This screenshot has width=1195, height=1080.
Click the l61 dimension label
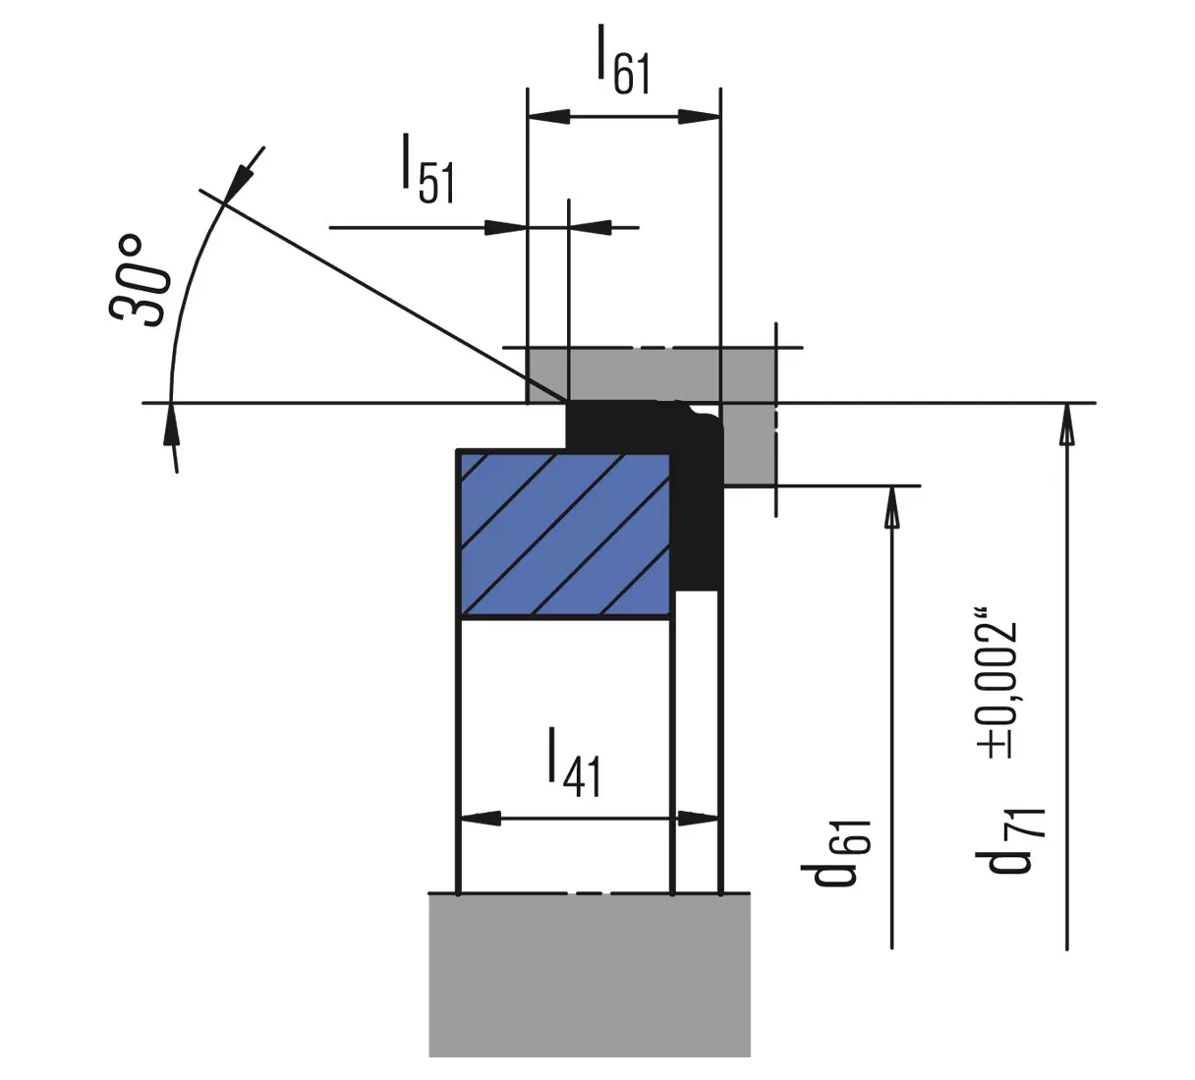click(x=624, y=60)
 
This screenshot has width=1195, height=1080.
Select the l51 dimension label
click(x=428, y=169)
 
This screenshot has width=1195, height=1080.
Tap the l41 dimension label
click(x=574, y=763)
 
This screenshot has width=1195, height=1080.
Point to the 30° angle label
click(x=137, y=280)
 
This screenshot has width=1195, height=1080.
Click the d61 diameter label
click(x=835, y=854)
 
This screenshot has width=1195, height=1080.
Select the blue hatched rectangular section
click(x=565, y=534)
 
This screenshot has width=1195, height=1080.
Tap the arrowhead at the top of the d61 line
click(x=891, y=506)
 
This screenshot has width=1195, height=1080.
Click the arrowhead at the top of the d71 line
click(x=1067, y=425)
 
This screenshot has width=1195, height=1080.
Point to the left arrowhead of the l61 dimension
click(x=549, y=117)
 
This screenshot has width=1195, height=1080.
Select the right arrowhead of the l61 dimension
click(x=700, y=117)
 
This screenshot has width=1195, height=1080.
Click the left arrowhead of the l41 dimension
click(x=479, y=819)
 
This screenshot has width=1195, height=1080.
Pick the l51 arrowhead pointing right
click(x=505, y=228)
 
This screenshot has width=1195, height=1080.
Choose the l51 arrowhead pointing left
click(x=591, y=228)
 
